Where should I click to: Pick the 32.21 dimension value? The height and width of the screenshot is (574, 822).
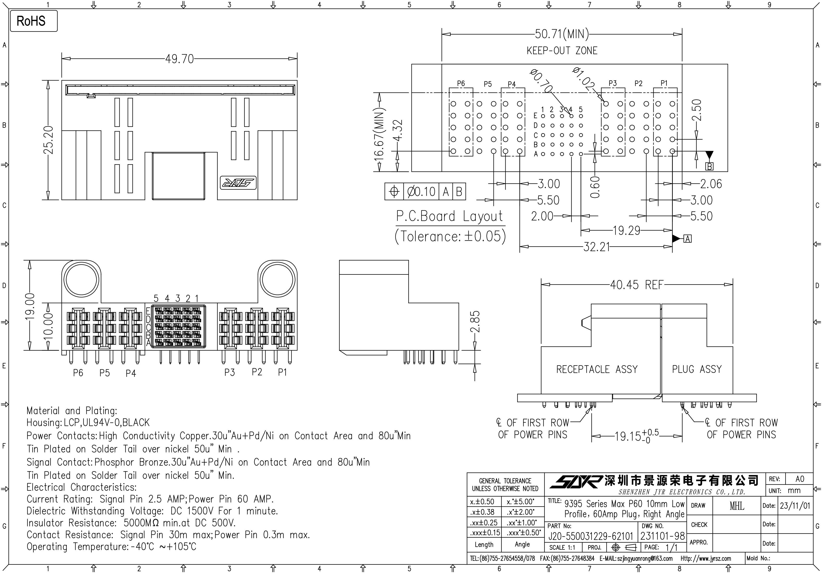point(596,247)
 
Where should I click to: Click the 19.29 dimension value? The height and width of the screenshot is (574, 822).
point(626,230)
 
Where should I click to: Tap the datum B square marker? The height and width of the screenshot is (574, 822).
point(709,167)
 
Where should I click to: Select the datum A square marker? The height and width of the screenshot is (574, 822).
point(687,239)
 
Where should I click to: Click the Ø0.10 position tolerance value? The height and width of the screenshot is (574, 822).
point(422,192)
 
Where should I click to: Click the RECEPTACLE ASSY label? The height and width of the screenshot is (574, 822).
point(597,369)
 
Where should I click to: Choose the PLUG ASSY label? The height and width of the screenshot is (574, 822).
point(697,369)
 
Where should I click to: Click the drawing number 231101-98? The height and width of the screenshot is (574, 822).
point(662,536)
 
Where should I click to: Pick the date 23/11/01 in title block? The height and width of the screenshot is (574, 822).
point(795,505)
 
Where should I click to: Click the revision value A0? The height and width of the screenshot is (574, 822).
point(799,479)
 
